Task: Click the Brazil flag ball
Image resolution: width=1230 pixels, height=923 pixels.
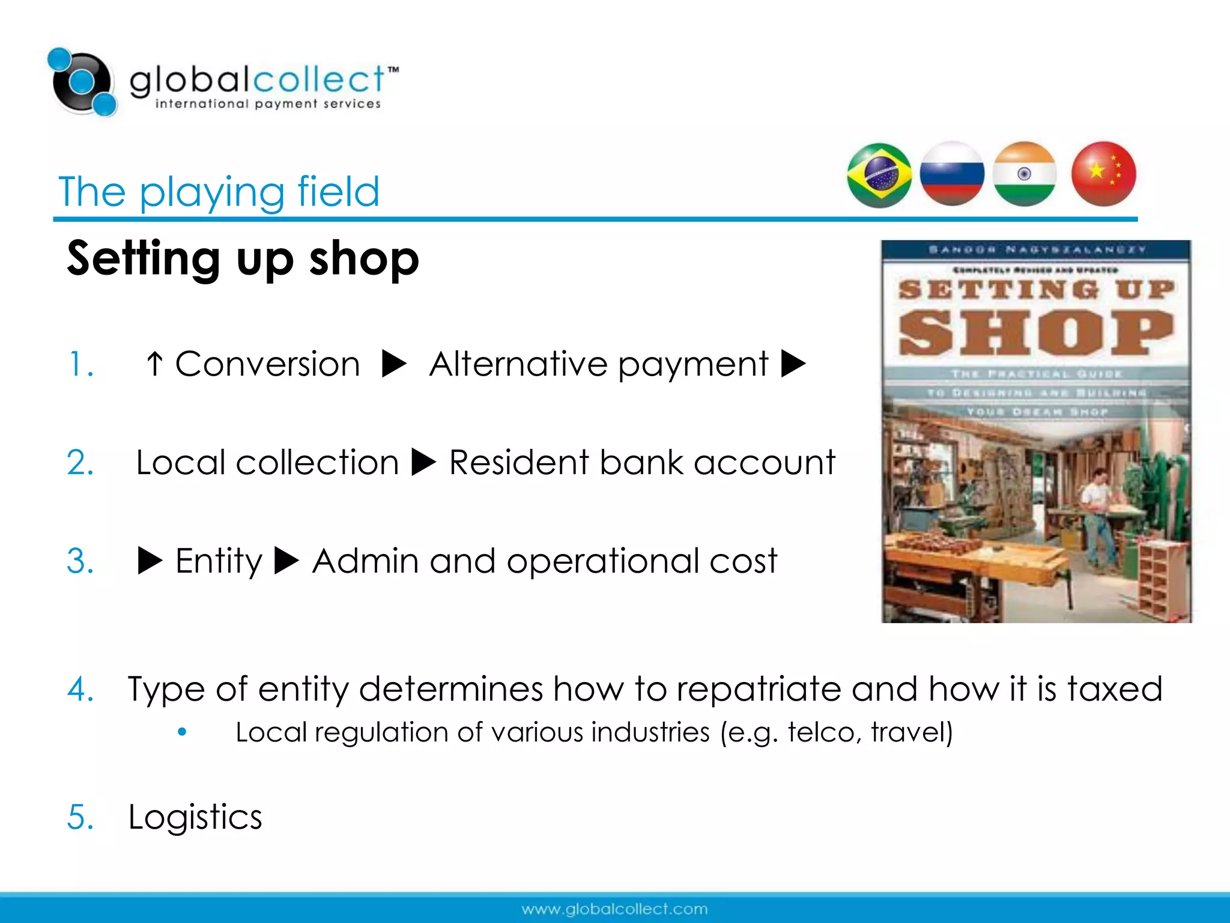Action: pyautogui.click(x=879, y=175)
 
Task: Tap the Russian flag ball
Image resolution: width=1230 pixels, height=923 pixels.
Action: pyautogui.click(x=952, y=174)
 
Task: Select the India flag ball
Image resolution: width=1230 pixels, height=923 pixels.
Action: pyautogui.click(x=1025, y=174)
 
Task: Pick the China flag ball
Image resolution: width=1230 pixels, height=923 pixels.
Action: pyautogui.click(x=1103, y=174)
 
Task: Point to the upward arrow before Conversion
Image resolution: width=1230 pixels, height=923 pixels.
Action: pyautogui.click(x=154, y=364)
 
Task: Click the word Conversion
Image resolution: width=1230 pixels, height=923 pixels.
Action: pyautogui.click(x=267, y=364)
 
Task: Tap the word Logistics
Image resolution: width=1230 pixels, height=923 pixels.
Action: pyautogui.click(x=195, y=817)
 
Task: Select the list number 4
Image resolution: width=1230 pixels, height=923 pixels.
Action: pyautogui.click(x=80, y=689)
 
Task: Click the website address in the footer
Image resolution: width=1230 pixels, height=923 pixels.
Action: pyautogui.click(x=614, y=909)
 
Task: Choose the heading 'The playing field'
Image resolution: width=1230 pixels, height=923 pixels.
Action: pyautogui.click(x=219, y=192)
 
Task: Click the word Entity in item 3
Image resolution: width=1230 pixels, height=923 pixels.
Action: pyautogui.click(x=219, y=561)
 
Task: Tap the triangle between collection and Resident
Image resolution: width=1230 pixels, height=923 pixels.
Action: pyautogui.click(x=424, y=463)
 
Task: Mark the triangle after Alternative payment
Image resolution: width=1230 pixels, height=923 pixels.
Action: pyautogui.click(x=793, y=364)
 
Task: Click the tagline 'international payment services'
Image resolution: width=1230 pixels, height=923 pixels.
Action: pyautogui.click(x=268, y=104)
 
